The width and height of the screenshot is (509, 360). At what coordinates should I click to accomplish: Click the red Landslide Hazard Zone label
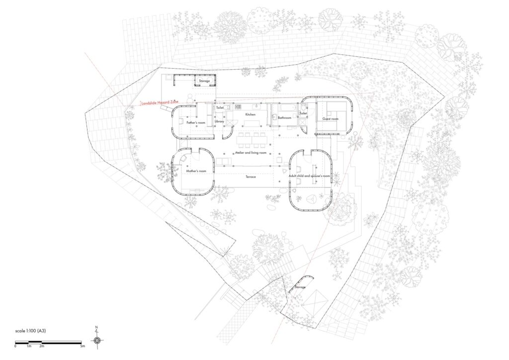coord(160,102)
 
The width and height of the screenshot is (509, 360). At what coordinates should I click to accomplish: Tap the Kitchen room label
coord(250,114)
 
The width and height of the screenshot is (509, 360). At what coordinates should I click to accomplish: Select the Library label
coord(219,121)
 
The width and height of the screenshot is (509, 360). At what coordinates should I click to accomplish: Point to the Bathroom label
coord(284,118)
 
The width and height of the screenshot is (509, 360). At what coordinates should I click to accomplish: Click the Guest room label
coord(330,119)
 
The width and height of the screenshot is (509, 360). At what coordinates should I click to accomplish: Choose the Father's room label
coord(196,122)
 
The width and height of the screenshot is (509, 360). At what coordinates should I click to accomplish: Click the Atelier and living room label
coord(251,153)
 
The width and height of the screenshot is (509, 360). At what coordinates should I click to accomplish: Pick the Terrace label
coord(251,177)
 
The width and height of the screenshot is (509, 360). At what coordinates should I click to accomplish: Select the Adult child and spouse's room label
coord(310,176)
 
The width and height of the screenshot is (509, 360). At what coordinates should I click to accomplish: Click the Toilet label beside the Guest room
coord(304,113)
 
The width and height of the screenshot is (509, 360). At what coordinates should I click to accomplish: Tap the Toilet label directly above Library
coord(220,107)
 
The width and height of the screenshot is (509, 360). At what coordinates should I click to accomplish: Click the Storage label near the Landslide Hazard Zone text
coord(204,81)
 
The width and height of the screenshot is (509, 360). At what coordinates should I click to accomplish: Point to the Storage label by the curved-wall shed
coord(300,287)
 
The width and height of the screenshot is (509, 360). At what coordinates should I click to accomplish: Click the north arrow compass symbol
coord(97,340)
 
